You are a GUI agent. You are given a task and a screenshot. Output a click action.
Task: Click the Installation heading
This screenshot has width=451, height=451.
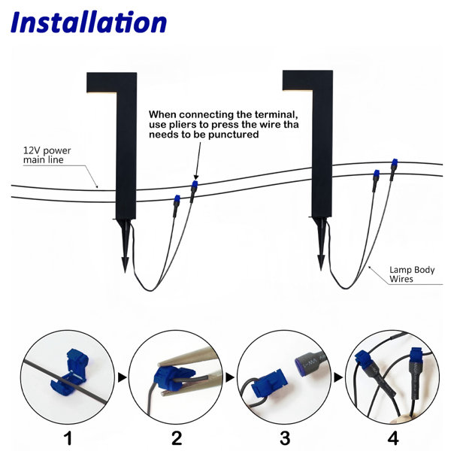(x=89, y=22)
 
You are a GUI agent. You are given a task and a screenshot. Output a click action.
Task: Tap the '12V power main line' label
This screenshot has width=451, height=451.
(x=47, y=155)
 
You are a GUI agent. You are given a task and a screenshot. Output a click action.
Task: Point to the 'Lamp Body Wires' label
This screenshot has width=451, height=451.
(x=412, y=274)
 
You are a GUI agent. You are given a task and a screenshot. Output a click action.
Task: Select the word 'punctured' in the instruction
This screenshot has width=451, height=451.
(x=234, y=135)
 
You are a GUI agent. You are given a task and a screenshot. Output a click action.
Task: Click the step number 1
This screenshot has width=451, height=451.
(x=68, y=438)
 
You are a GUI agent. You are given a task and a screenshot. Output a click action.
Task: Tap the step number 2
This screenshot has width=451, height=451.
(x=177, y=438)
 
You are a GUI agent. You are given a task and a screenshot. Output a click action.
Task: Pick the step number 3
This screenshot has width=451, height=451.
(x=285, y=438)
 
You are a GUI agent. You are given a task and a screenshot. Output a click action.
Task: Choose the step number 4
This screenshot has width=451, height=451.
(x=393, y=438)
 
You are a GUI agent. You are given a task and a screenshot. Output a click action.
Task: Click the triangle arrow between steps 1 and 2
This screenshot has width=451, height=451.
(x=122, y=377)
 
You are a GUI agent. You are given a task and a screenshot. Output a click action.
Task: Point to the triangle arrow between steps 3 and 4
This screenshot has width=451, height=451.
(x=338, y=377)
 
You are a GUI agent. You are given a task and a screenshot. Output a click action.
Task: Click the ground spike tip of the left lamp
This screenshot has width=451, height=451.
(x=125, y=272)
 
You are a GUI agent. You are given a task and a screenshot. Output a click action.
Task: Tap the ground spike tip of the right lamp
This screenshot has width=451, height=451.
(x=321, y=270)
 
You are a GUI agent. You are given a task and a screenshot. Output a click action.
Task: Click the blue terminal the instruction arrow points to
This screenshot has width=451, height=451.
(x=195, y=184)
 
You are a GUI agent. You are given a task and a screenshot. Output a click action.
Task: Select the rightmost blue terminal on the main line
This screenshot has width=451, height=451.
(x=395, y=162)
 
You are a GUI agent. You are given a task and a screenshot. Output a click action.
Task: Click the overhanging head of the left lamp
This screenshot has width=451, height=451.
(x=111, y=83)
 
